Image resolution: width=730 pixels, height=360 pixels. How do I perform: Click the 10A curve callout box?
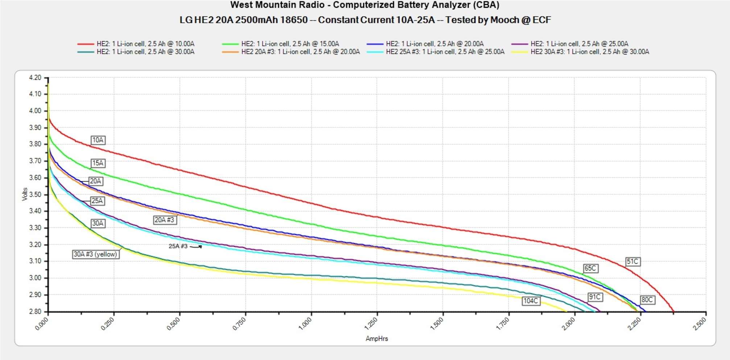pyautogui.click(x=98, y=140)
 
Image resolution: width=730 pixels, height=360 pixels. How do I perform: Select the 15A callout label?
pyautogui.click(x=98, y=163)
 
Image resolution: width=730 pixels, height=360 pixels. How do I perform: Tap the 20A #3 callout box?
pyautogui.click(x=165, y=220)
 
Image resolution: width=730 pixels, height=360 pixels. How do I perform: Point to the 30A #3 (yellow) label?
pyautogui.click(x=96, y=254)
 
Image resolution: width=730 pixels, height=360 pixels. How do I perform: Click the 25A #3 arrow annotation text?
pyautogui.click(x=178, y=246)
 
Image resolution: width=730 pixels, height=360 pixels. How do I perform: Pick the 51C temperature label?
pyautogui.click(x=632, y=261)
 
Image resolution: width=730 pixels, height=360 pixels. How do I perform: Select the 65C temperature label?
pyautogui.click(x=590, y=268)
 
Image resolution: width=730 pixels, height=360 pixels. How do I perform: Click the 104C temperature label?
pyautogui.click(x=531, y=301)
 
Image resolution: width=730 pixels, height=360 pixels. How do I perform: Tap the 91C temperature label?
pyautogui.click(x=595, y=297)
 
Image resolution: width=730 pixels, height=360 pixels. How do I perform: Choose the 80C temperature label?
pyautogui.click(x=647, y=300)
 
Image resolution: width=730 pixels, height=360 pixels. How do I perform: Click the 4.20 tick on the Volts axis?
pyautogui.click(x=35, y=78)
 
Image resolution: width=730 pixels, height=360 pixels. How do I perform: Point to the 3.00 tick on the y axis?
pyautogui.click(x=35, y=278)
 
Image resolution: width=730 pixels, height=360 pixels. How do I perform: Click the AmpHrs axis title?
pyautogui.click(x=377, y=339)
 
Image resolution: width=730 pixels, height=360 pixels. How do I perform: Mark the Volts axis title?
pyautogui.click(x=25, y=194)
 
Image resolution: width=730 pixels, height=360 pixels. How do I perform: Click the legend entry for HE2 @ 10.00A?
pyautogui.click(x=145, y=44)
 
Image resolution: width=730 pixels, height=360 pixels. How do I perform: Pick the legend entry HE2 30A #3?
pyautogui.click(x=590, y=52)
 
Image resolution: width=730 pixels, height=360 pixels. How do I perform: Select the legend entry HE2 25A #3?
pyautogui.click(x=445, y=52)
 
